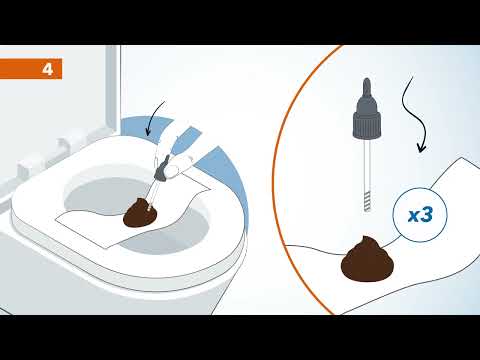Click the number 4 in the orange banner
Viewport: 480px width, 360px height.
point(48,69)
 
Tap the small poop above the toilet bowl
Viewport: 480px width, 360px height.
point(140,213)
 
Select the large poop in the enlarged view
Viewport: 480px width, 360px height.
point(367,259)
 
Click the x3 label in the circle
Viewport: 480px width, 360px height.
point(420,215)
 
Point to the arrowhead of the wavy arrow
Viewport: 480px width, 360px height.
point(422,148)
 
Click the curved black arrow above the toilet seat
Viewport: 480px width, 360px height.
point(154,118)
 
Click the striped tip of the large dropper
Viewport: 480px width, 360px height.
point(367,201)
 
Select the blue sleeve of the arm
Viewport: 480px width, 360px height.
point(185,140)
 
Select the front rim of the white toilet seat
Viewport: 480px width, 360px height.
point(133,267)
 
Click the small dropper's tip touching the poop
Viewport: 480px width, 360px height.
point(149,208)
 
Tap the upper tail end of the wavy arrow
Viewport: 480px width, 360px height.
point(413,77)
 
